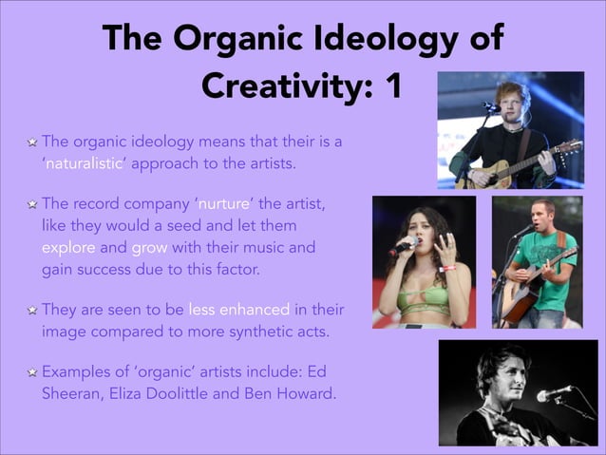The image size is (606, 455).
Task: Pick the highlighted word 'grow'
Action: pyautogui.click(x=149, y=249)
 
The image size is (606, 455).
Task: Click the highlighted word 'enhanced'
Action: pyautogui.click(x=255, y=312)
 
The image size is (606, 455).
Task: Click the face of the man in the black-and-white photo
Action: pyautogui.click(x=496, y=374)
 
